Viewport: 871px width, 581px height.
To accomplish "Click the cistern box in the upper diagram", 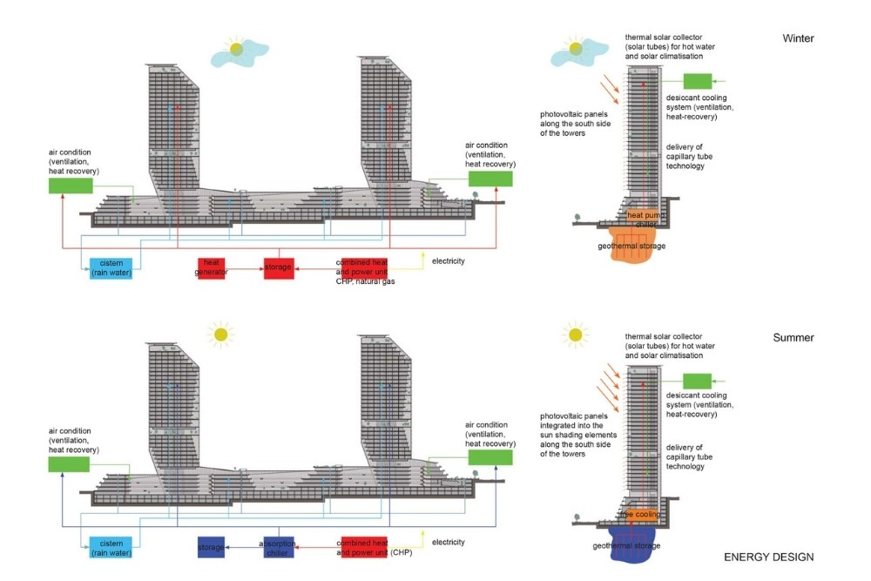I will click(x=111, y=268).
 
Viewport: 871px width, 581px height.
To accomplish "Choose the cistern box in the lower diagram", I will click(x=111, y=547).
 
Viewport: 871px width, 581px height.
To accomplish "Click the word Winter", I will click(x=798, y=38).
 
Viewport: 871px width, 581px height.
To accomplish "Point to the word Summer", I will click(x=793, y=337).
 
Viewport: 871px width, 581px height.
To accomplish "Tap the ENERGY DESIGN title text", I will click(x=769, y=557).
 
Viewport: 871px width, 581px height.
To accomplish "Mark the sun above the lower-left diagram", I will click(x=221, y=334).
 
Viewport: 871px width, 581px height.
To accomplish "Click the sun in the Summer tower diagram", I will click(x=574, y=334).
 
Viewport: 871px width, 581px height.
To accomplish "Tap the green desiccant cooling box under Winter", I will click(x=697, y=82).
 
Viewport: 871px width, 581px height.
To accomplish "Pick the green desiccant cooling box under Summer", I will click(x=697, y=381).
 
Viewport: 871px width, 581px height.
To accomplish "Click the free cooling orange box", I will click(x=640, y=514).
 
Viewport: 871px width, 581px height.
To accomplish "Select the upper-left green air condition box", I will click(x=70, y=186).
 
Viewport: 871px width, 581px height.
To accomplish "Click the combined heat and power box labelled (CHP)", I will click(x=363, y=547).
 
